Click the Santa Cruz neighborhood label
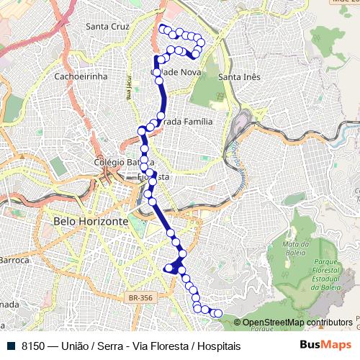tap(107, 27)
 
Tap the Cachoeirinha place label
tap(81, 76)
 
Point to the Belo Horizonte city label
tap(91, 221)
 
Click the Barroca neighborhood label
tap(14, 259)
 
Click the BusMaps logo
tap(326, 345)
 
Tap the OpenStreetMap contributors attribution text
tap(298, 323)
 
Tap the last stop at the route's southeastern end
tap(217, 312)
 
